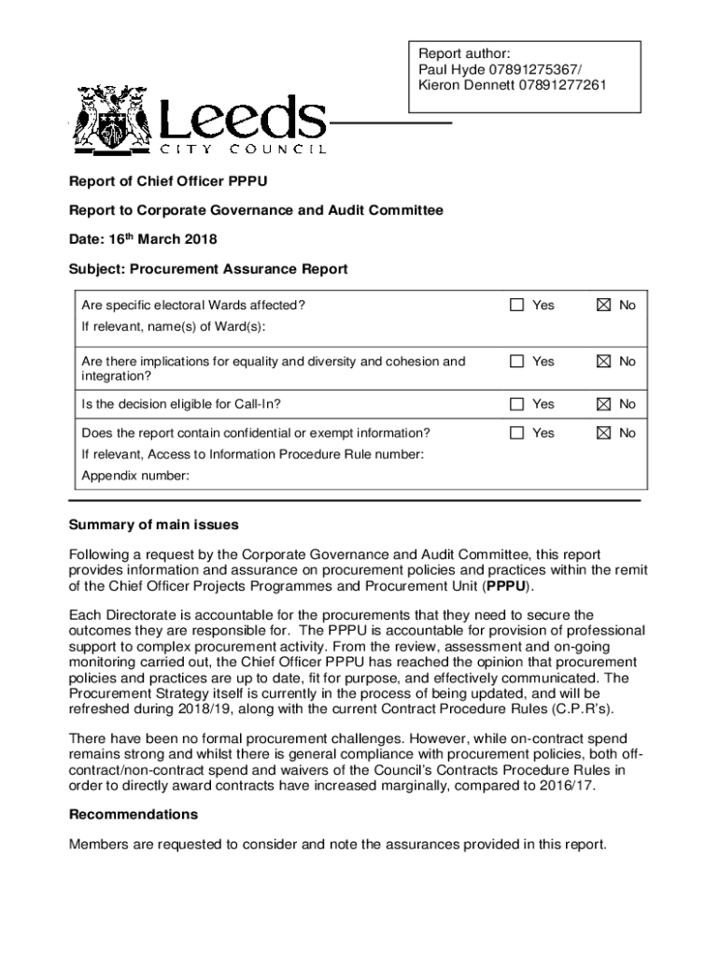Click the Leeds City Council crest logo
(112, 119)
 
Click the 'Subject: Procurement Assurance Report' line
(208, 269)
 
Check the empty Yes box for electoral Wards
(517, 305)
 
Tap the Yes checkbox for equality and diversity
(517, 361)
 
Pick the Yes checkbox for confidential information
(517, 433)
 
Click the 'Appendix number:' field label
(135, 476)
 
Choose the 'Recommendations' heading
(133, 815)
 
